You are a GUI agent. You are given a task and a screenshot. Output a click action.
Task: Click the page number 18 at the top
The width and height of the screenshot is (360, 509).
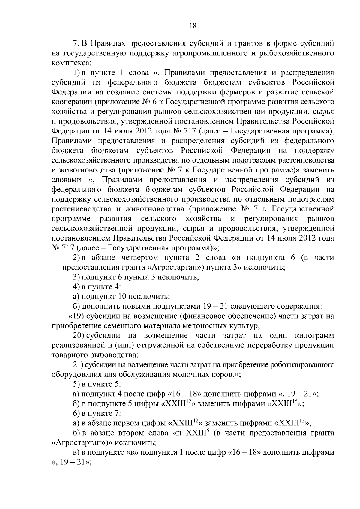(x=193, y=26)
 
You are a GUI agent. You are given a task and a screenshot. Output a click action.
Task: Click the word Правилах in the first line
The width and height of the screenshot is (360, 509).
(x=107, y=44)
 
